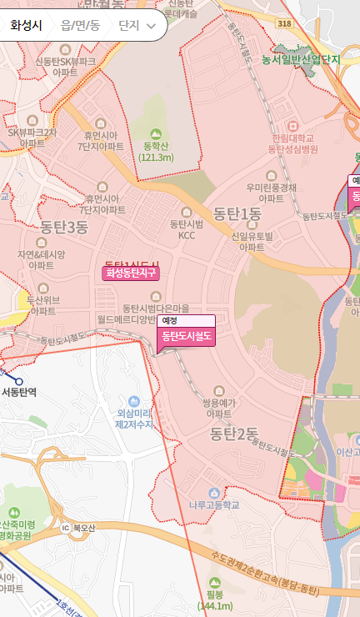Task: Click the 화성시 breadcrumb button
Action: (27, 26)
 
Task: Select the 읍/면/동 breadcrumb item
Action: (80, 26)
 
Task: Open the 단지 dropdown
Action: (137, 26)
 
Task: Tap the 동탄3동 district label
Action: (64, 227)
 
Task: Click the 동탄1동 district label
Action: (237, 213)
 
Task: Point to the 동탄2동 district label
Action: (235, 433)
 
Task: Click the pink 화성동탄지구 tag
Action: (131, 273)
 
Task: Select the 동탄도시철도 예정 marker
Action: (186, 336)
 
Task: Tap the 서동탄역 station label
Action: (19, 391)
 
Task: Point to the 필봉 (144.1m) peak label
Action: (215, 598)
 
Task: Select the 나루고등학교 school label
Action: (215, 505)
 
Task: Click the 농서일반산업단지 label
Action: (302, 60)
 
